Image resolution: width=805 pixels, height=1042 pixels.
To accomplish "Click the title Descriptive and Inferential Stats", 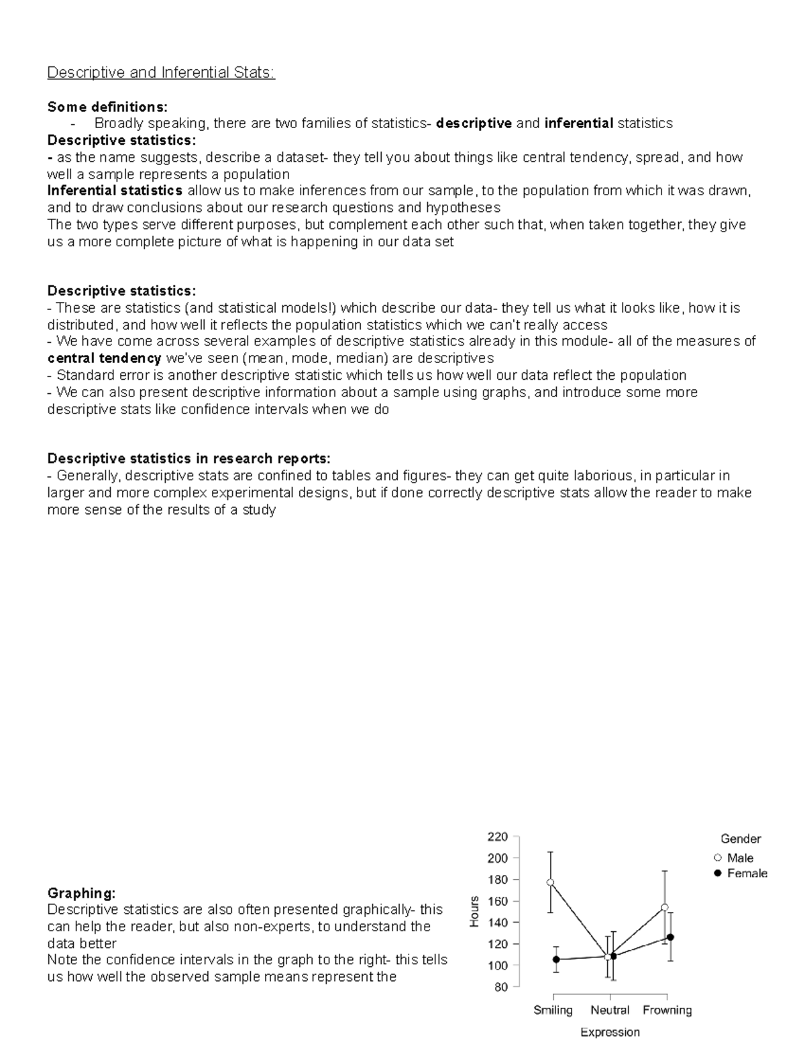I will point(160,72).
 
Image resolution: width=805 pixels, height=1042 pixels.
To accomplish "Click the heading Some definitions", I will point(107,107).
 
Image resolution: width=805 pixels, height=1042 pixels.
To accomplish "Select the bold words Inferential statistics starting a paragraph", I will point(115,191).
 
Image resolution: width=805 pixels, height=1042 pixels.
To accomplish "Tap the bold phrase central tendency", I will point(104,358).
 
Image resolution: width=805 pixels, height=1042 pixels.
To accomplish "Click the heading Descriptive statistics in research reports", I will point(189,459).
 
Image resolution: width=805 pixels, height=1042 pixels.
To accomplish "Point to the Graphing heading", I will point(81,893).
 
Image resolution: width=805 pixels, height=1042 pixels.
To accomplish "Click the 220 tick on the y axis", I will point(497,837).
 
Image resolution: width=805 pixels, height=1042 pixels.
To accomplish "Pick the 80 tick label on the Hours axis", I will point(500,987).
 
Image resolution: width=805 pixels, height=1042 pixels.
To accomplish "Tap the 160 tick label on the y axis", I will point(497,901).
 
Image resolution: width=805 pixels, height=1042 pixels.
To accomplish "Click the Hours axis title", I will point(474,912).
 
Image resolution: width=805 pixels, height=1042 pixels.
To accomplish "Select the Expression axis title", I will point(610,1032).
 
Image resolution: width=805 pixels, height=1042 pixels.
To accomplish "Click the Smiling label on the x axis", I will point(553,1010).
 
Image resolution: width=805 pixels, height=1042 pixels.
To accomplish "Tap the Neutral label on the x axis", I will point(610,1010).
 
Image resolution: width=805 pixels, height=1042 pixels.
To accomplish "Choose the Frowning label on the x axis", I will point(667,1010).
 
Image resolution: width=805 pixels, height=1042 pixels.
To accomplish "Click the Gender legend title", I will point(741,839).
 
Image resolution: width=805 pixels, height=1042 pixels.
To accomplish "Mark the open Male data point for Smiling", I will point(551,882).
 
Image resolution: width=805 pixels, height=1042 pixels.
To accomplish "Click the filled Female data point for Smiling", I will point(556,959).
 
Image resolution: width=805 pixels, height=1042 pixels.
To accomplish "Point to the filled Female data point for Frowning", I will point(670,937).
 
